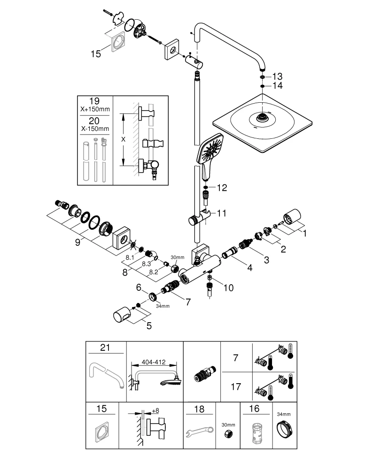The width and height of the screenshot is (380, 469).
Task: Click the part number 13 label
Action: coord(277,76)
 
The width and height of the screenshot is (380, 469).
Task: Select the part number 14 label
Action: coord(277,85)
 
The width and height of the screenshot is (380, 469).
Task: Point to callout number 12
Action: coord(222,188)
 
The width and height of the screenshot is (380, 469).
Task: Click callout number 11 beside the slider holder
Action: coord(222,213)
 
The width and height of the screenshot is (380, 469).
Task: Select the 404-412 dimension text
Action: coord(154,363)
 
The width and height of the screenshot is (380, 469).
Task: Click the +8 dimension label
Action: coord(155,410)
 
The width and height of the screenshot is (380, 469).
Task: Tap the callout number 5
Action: coord(148,325)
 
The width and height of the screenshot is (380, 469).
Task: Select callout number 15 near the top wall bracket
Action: coord(95,54)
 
